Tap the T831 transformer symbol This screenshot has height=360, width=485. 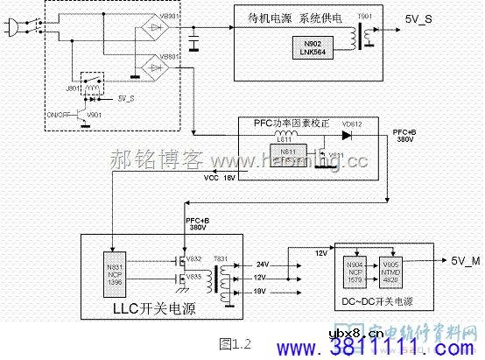(x=226, y=276)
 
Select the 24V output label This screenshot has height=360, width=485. (x=263, y=264)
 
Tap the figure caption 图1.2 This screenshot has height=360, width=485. (x=235, y=342)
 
